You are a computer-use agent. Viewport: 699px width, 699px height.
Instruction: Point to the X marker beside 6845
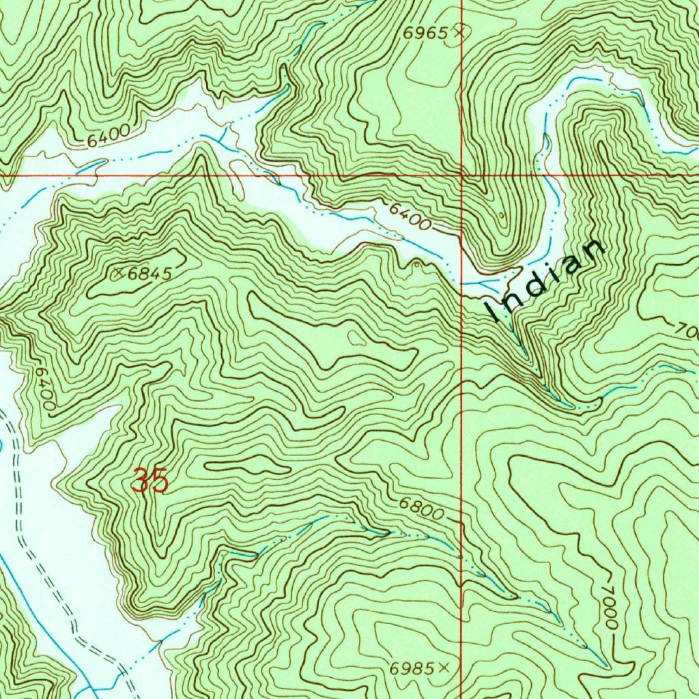tap(120, 273)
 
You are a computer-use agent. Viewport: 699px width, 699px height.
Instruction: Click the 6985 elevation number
tap(412, 669)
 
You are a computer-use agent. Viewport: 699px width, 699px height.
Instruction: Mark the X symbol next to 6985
tap(445, 668)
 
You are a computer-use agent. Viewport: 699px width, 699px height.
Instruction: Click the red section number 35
tap(150, 481)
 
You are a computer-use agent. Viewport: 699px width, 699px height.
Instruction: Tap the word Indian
tap(545, 281)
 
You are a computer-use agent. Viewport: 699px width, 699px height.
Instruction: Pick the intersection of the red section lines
tap(461, 175)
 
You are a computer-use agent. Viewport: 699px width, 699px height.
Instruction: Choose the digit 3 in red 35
tap(141, 481)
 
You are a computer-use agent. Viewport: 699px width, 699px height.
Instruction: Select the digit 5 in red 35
tap(160, 481)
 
